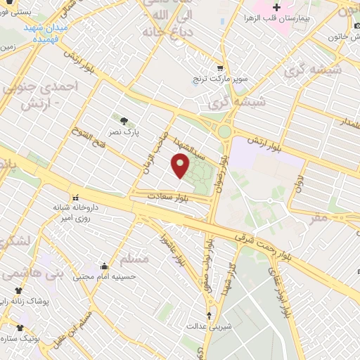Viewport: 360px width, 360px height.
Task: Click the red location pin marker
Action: pyautogui.click(x=181, y=166)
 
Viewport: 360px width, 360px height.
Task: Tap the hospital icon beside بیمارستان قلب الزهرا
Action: pyautogui.click(x=277, y=8)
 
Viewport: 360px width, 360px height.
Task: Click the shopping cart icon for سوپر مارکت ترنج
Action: pyautogui.click(x=219, y=69)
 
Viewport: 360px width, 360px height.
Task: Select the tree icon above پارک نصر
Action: pyautogui.click(x=124, y=121)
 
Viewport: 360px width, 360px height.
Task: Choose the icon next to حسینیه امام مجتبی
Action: pyautogui.click(x=104, y=266)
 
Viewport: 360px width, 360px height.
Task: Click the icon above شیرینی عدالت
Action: pyautogui.click(x=209, y=314)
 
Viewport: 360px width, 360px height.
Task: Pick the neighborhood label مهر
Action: pyautogui.click(x=319, y=217)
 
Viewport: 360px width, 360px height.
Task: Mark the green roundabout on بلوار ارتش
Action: pyautogui.click(x=224, y=131)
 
